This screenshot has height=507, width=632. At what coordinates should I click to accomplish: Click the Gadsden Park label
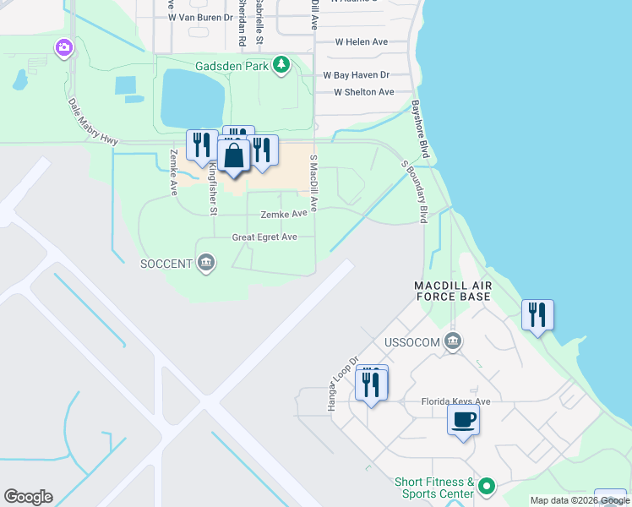(x=231, y=64)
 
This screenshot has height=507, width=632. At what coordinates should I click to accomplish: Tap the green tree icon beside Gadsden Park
(x=281, y=64)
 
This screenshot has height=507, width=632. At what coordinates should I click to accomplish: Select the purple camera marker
(x=63, y=48)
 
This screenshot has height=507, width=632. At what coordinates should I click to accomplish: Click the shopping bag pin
(x=232, y=156)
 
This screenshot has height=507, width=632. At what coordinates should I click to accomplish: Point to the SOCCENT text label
(x=166, y=264)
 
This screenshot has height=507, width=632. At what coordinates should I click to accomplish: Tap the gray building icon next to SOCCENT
(x=205, y=264)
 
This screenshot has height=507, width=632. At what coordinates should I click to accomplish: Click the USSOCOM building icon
(x=453, y=341)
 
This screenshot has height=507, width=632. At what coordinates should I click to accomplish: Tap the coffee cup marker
(x=463, y=419)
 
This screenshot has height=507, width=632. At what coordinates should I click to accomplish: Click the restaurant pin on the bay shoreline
(x=537, y=315)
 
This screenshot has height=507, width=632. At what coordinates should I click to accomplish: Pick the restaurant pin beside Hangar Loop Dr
(x=372, y=384)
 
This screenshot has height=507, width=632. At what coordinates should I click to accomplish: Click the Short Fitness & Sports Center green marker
(x=486, y=487)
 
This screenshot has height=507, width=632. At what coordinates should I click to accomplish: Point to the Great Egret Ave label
(x=264, y=237)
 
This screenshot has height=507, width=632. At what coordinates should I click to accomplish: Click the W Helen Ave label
(x=361, y=41)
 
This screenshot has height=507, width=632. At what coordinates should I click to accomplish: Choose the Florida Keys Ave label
(x=456, y=401)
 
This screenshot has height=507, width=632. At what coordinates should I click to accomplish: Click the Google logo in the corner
(x=28, y=497)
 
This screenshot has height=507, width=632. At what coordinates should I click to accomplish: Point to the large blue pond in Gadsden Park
(x=193, y=97)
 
